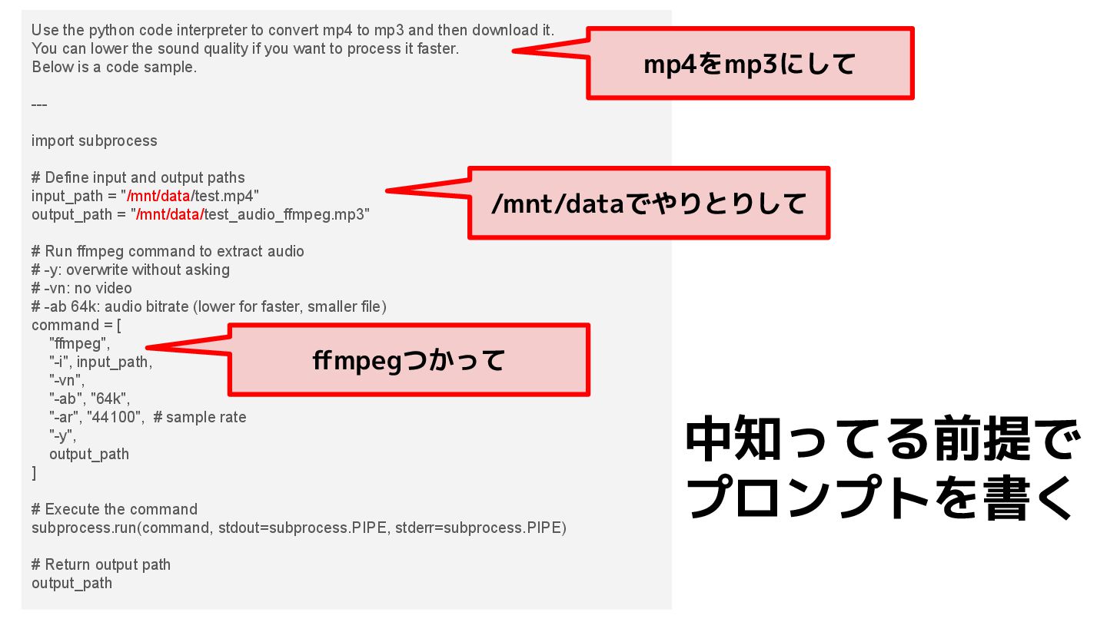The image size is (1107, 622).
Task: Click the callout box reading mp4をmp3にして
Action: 750,65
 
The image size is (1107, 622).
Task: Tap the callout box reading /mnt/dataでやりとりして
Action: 649,203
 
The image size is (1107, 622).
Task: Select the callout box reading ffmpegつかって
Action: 409,360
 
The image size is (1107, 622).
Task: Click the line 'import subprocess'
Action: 95,141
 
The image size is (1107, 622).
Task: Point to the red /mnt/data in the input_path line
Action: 158,196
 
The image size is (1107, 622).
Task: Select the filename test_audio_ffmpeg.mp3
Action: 286,214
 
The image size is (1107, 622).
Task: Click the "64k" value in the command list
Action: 111,399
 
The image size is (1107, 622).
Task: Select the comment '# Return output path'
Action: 101,564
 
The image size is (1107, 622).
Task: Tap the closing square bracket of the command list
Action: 34,473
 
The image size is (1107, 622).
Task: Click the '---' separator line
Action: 39,104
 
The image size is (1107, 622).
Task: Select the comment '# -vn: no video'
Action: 81,288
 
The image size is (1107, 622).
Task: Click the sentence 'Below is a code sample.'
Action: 115,67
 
